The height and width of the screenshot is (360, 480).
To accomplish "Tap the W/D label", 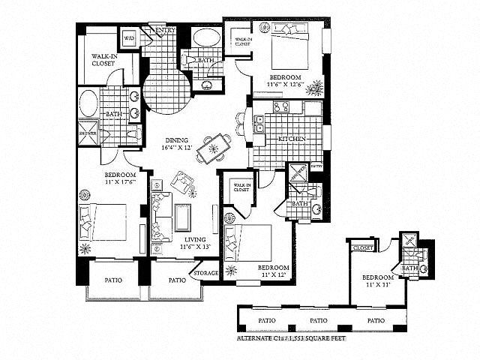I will [128, 37].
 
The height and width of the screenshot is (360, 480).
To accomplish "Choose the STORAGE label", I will [205, 273].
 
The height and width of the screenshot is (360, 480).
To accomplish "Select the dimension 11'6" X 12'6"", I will [285, 86].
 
